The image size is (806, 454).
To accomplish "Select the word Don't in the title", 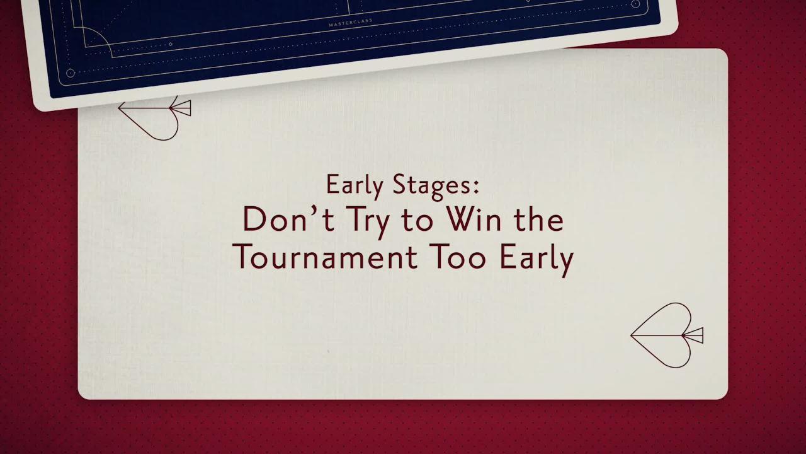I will click(x=278, y=220).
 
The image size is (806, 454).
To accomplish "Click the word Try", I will click(x=356, y=221).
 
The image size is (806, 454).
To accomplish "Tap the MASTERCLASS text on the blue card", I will click(x=351, y=23).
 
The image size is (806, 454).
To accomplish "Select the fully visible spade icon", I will click(x=664, y=335).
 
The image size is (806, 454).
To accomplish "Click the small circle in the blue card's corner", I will click(x=71, y=73).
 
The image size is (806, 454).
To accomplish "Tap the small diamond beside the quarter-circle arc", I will click(x=170, y=45).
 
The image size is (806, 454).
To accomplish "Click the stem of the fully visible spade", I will click(x=693, y=335).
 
